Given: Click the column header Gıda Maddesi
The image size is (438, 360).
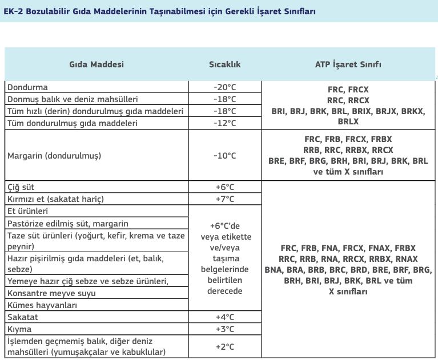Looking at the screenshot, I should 97,64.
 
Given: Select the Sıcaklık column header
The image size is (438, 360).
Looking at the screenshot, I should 224,64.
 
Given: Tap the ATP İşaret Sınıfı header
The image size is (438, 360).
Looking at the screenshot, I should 348,64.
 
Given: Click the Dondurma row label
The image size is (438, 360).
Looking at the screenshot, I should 27,87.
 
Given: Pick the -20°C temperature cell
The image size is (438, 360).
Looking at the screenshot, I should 224,87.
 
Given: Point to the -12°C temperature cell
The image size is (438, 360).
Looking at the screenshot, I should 224,123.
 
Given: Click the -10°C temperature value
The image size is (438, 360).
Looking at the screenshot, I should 224,155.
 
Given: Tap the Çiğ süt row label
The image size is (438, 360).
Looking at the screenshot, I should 21,187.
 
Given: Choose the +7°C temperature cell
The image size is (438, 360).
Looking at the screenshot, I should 224,199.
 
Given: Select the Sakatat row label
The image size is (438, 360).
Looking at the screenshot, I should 22,317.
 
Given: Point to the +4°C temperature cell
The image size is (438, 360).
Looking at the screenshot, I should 224,317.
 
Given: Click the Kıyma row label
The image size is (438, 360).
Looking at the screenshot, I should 19,329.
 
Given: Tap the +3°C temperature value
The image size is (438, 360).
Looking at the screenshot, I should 224,329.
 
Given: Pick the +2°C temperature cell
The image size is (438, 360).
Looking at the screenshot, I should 224,346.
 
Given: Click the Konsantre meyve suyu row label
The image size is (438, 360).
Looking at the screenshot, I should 51,293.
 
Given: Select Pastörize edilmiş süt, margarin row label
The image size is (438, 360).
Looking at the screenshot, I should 68,223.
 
